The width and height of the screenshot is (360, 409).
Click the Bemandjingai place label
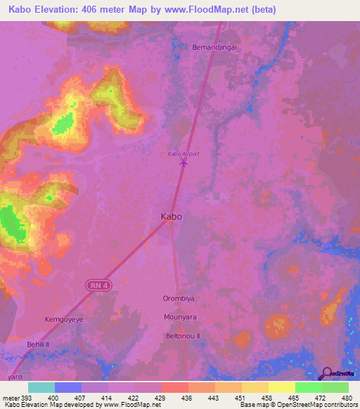[214, 47]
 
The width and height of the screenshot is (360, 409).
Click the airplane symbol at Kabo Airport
[184, 163]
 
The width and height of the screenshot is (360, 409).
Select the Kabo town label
[172, 216]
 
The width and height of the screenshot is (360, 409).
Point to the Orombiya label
[179, 299]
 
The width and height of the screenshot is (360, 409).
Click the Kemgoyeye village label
[64, 319]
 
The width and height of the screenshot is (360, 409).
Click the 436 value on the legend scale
[188, 398]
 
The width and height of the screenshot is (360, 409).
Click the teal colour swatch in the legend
[41, 387]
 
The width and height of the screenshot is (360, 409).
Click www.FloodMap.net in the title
[213, 10]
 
